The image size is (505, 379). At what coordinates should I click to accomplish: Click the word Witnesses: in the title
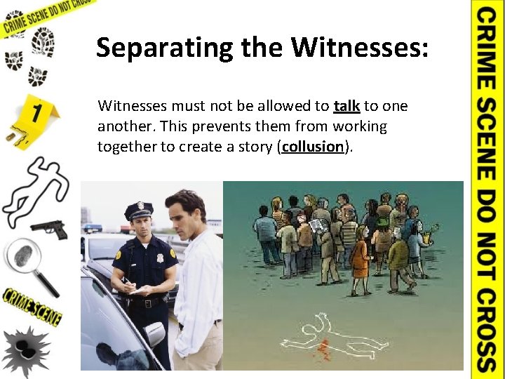click(359, 48)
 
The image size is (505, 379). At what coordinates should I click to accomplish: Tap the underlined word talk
click(346, 106)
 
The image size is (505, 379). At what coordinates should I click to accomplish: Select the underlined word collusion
click(313, 147)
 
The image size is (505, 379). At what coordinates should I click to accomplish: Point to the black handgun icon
click(49, 228)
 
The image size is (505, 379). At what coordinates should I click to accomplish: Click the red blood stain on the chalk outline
click(323, 347)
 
